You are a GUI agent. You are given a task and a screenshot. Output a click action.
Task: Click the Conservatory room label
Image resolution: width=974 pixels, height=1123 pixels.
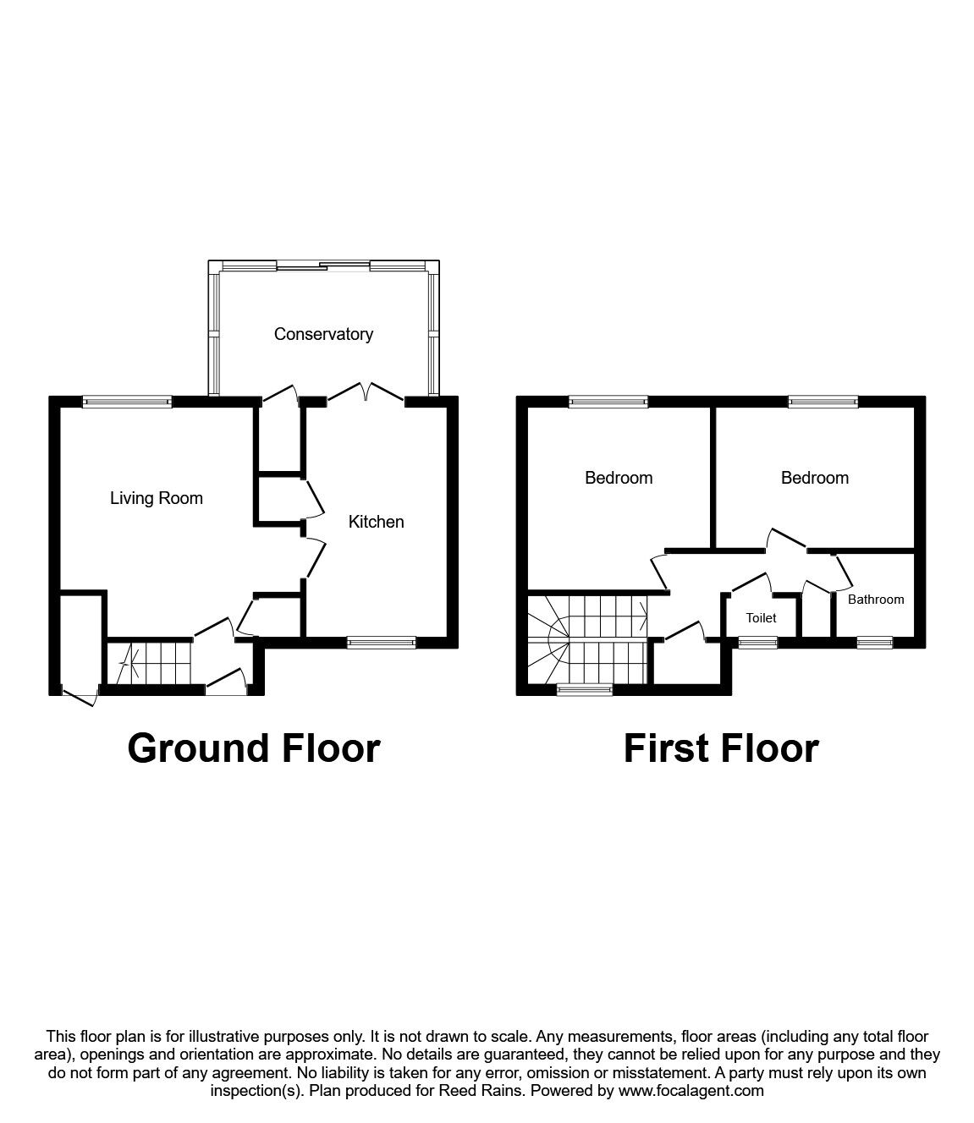pos(323,334)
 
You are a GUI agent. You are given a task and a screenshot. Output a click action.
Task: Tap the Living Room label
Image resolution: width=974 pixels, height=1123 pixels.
pos(157,498)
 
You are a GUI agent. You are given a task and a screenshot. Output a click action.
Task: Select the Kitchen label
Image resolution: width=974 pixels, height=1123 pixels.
pos(377,522)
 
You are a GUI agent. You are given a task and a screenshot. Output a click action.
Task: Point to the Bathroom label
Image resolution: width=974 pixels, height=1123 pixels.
pos(876,600)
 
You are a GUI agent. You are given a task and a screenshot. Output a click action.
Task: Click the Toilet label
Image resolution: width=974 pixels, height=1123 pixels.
pos(761,618)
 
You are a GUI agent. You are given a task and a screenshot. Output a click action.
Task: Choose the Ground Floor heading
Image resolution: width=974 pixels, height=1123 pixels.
pos(254,748)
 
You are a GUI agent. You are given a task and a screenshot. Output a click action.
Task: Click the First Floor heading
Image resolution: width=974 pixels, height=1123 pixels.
pos(721,748)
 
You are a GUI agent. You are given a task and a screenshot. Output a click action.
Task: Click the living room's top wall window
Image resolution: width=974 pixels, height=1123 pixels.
pos(127,403)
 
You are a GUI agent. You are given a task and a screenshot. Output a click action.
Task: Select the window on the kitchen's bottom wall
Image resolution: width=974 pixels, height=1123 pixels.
pos(381,643)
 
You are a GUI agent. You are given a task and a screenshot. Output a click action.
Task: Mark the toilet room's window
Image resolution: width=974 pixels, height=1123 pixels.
pos(747,643)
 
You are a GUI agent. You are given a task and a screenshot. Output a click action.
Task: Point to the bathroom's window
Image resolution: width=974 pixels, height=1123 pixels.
pos(873,643)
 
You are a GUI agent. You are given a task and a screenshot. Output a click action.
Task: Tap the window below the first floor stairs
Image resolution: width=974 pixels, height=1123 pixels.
pos(584,690)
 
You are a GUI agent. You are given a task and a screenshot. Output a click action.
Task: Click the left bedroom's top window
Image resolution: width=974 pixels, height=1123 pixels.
pos(608,403)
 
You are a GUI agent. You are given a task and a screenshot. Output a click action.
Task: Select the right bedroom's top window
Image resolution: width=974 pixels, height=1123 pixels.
pos(823,403)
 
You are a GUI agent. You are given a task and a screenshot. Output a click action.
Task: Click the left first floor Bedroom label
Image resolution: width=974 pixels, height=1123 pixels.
pos(619,478)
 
